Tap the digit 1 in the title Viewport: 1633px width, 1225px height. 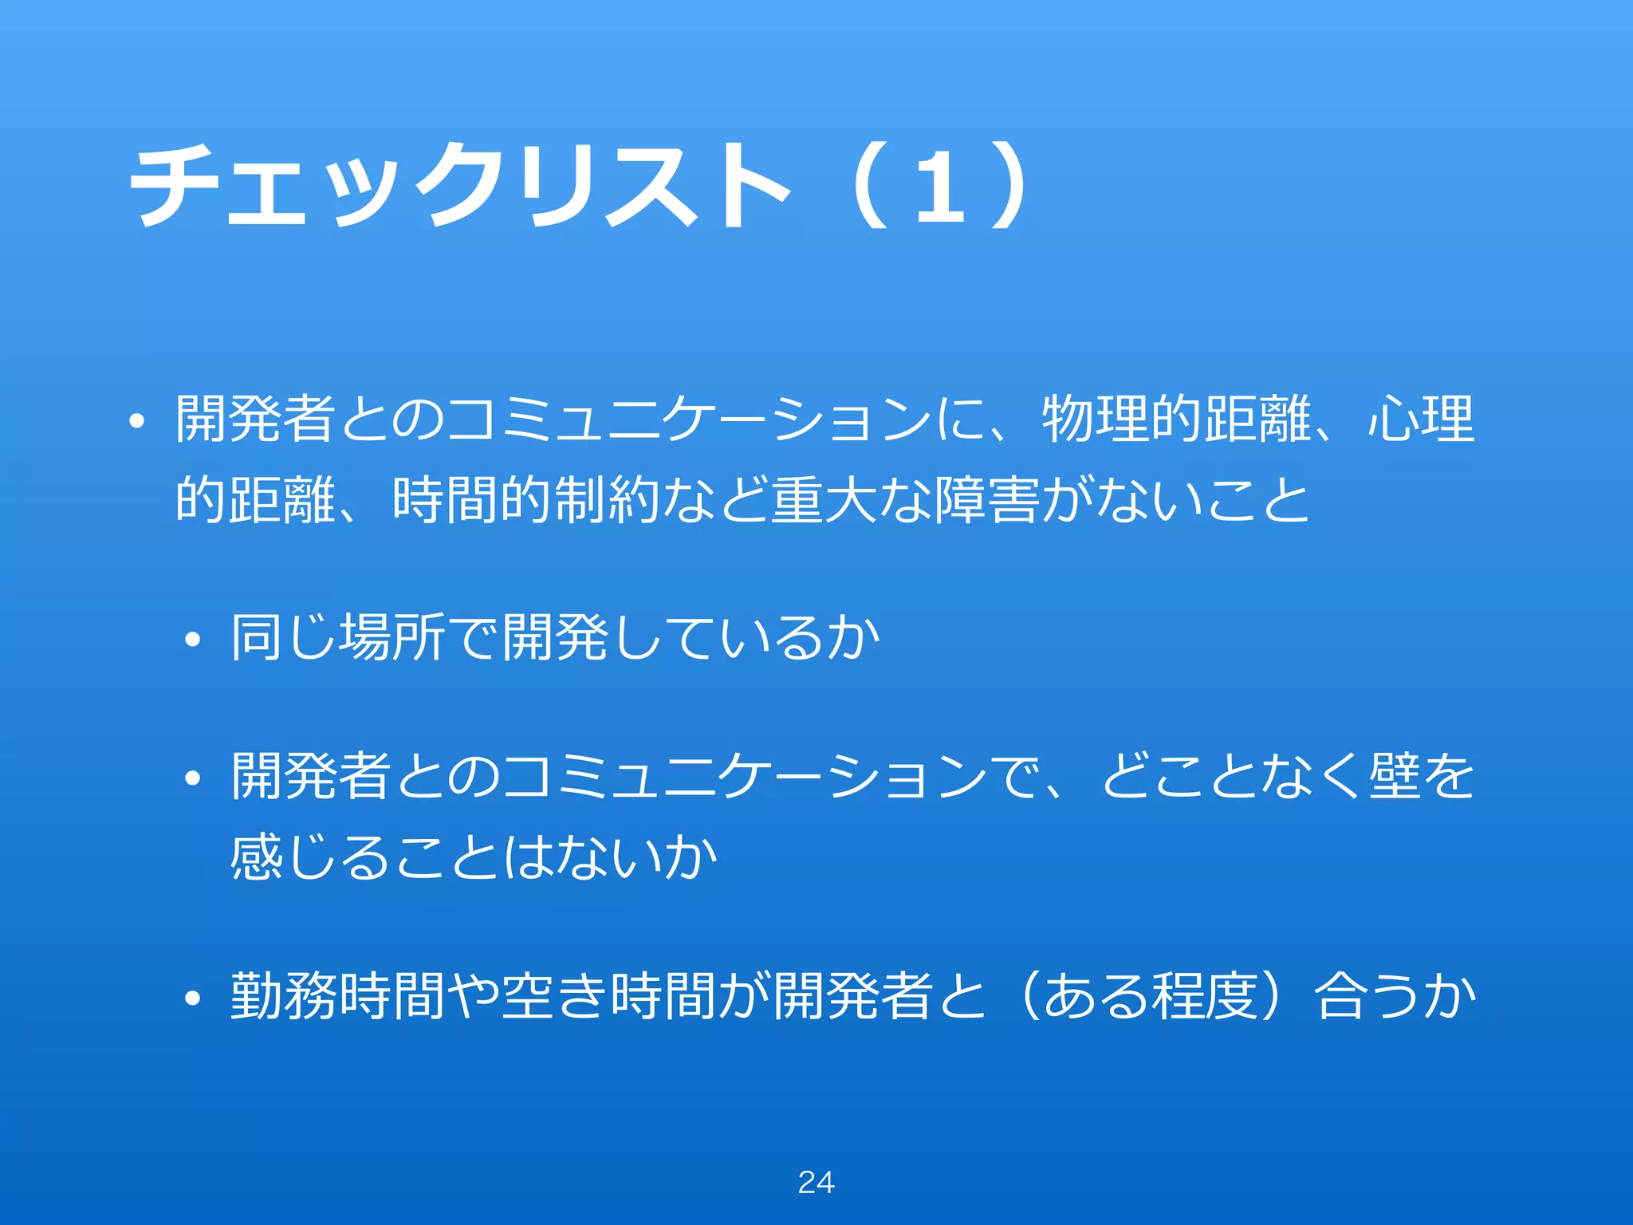pos(941,188)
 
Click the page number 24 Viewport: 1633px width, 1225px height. pos(816,1182)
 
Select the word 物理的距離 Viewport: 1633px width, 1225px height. pos(1176,419)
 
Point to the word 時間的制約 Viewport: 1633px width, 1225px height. pos(526,500)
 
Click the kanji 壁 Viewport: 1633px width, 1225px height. pos(1395,776)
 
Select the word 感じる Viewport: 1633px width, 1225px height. pos(310,858)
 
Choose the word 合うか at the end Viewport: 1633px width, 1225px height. pos(1395,996)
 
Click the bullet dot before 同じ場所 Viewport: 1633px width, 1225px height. pos(191,640)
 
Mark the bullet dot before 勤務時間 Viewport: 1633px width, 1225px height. pos(191,999)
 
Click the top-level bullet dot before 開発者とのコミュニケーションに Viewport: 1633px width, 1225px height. pos(136,422)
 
